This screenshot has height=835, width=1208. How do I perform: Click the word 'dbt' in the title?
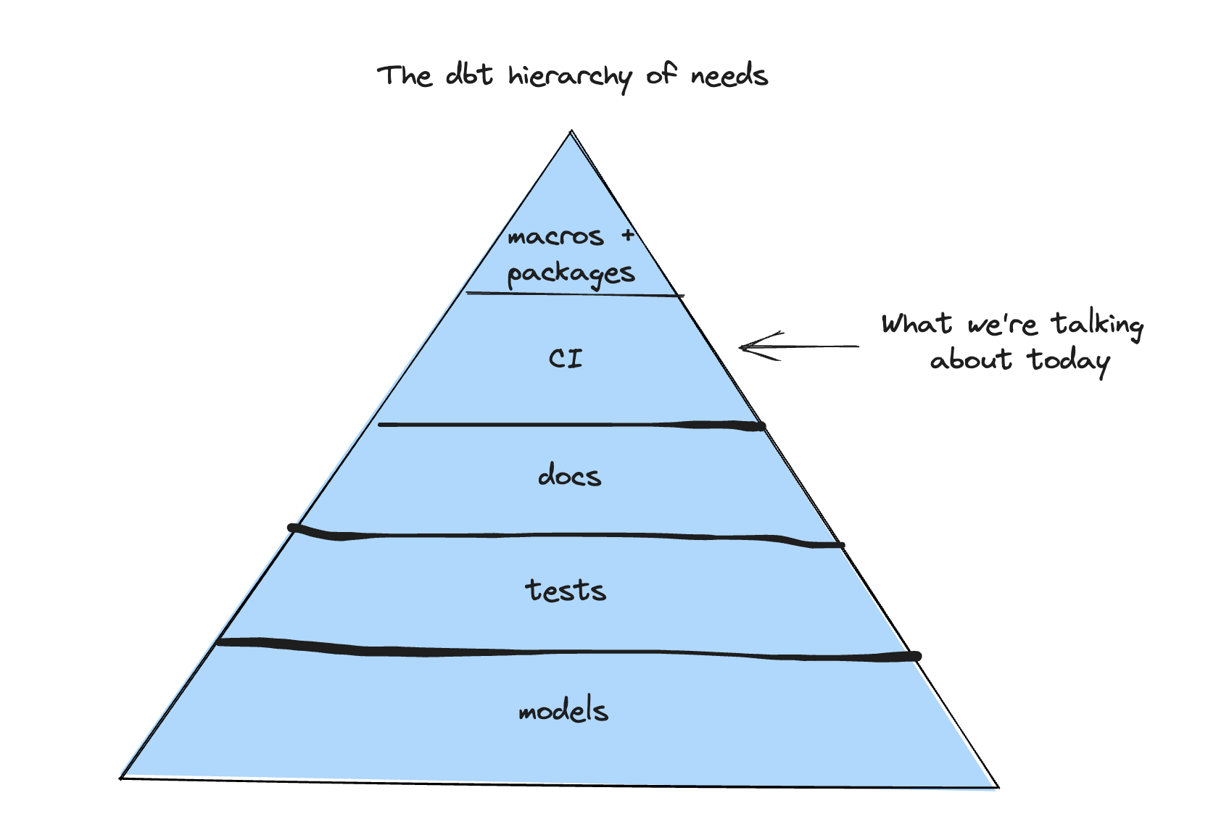(x=469, y=75)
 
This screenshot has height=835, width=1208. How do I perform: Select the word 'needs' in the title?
(x=729, y=75)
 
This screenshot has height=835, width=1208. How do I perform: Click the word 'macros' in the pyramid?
(x=555, y=237)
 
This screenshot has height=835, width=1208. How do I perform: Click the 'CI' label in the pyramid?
(x=566, y=358)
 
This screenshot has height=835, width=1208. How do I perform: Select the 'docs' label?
(x=570, y=476)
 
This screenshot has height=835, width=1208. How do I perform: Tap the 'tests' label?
(x=566, y=591)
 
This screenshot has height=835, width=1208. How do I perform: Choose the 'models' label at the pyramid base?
(x=563, y=710)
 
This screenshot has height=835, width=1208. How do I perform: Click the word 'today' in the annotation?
(x=1068, y=360)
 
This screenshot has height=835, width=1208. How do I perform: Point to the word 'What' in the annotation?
(x=917, y=323)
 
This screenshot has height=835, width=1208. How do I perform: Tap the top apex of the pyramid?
(x=571, y=132)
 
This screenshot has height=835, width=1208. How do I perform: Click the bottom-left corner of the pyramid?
(x=121, y=778)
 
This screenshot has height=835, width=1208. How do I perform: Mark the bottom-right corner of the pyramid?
(x=998, y=786)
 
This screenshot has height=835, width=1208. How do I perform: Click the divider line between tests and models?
(x=566, y=652)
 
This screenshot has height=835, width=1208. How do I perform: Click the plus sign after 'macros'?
(x=628, y=236)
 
